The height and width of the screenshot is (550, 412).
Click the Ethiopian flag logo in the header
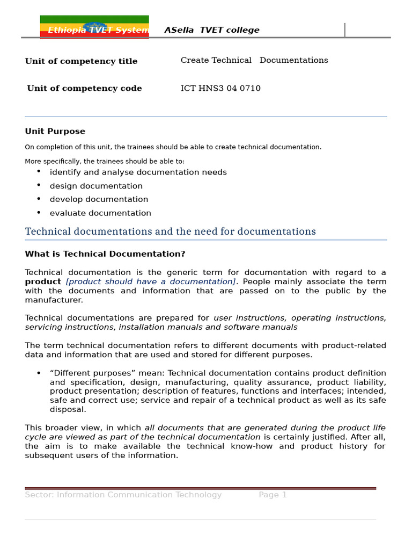(94, 27)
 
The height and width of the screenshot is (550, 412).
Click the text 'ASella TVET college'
(212, 31)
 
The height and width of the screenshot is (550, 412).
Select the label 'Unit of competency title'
(81, 62)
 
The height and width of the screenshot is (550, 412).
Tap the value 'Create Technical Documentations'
(254, 61)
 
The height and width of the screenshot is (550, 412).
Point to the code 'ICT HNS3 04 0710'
(220, 89)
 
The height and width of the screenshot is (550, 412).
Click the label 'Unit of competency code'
(84, 89)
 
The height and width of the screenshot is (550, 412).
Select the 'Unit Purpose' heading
(55, 132)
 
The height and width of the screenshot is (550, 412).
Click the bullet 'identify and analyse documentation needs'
(138, 172)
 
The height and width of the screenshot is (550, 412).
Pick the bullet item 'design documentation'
(96, 186)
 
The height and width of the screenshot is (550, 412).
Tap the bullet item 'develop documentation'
(99, 200)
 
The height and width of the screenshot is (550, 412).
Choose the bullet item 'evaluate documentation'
(100, 213)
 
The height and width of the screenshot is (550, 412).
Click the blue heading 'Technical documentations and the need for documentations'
(170, 232)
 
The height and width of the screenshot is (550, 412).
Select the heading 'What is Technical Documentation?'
(105, 254)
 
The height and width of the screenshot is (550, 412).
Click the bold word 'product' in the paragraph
(43, 282)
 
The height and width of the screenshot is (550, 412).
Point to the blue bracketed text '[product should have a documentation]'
(151, 282)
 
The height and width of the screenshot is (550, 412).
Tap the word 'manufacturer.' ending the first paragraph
(54, 300)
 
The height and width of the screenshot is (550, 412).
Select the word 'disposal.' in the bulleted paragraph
(68, 410)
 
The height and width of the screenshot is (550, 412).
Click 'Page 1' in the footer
(273, 495)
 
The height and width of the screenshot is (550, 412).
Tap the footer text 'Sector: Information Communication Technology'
(123, 495)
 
